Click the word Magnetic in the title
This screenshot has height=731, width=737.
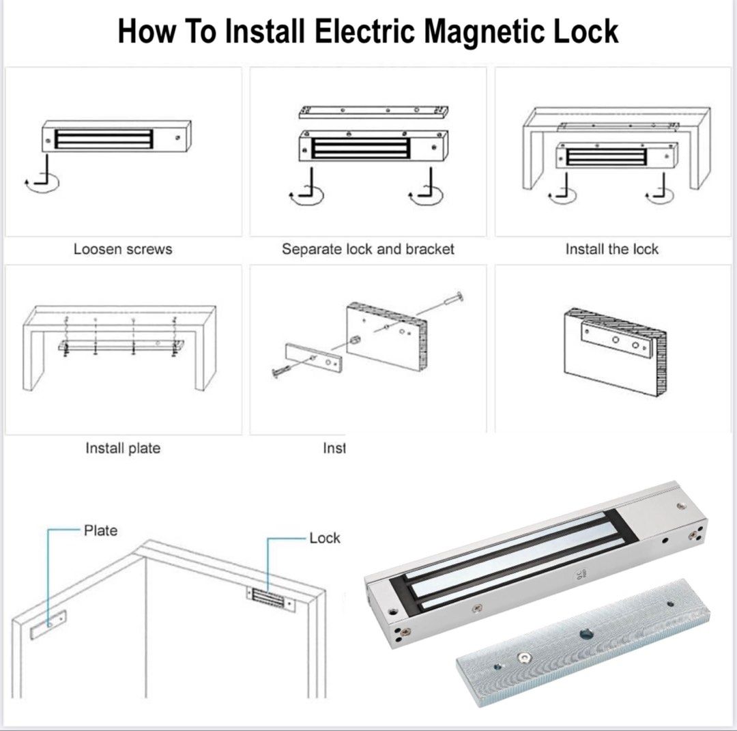(x=452, y=31)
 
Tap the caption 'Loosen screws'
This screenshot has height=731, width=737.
(x=123, y=249)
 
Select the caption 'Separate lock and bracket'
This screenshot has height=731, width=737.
(x=368, y=249)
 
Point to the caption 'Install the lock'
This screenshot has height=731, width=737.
(x=611, y=249)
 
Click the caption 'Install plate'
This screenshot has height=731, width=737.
(x=123, y=448)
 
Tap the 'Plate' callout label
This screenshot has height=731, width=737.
(x=100, y=530)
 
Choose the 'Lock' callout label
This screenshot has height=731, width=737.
(x=324, y=538)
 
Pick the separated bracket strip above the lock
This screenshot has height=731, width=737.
(x=374, y=111)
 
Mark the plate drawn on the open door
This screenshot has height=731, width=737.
(x=48, y=622)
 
